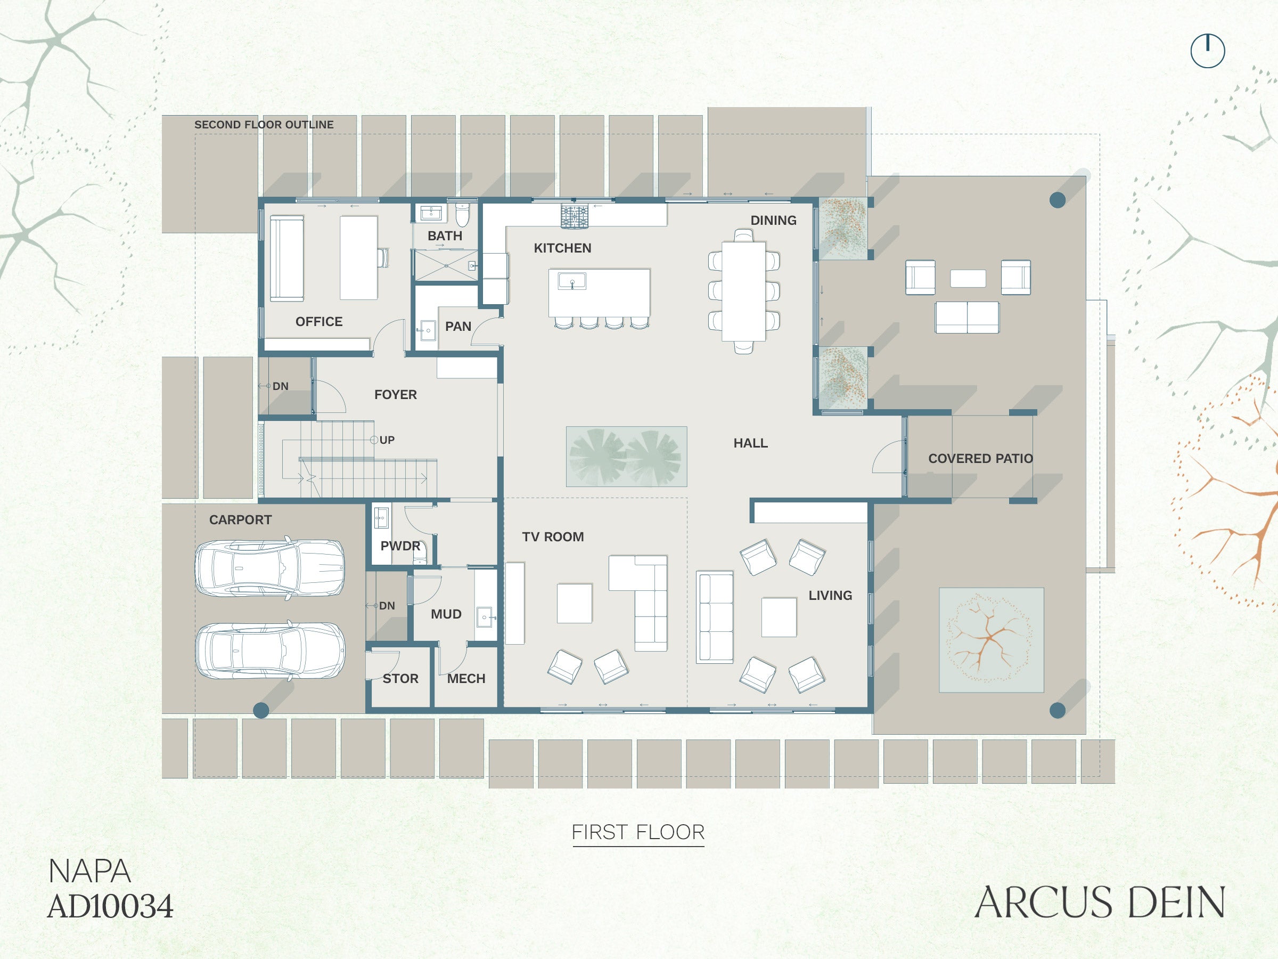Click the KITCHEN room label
pyautogui.click(x=562, y=248)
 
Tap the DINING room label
pyautogui.click(x=773, y=220)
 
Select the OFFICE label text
pyautogui.click(x=319, y=321)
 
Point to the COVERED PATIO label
pyautogui.click(x=980, y=458)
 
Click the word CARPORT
pyautogui.click(x=240, y=519)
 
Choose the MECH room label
pyautogui.click(x=466, y=679)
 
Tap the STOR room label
pyautogui.click(x=400, y=679)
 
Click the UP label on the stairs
pyautogui.click(x=387, y=440)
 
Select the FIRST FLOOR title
pyautogui.click(x=638, y=832)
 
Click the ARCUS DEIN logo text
pyautogui.click(x=1100, y=903)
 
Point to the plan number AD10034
pyautogui.click(x=110, y=906)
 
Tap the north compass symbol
pyautogui.click(x=1208, y=51)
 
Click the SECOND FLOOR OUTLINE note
pyautogui.click(x=264, y=124)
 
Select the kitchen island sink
pyautogui.click(x=572, y=281)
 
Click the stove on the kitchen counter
pyautogui.click(x=574, y=216)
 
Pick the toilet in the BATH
pyautogui.click(x=462, y=215)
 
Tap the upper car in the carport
pyautogui.click(x=270, y=567)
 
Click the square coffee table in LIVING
pyautogui.click(x=779, y=617)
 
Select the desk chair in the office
pyautogui.click(x=383, y=257)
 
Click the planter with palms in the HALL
pyautogui.click(x=626, y=457)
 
